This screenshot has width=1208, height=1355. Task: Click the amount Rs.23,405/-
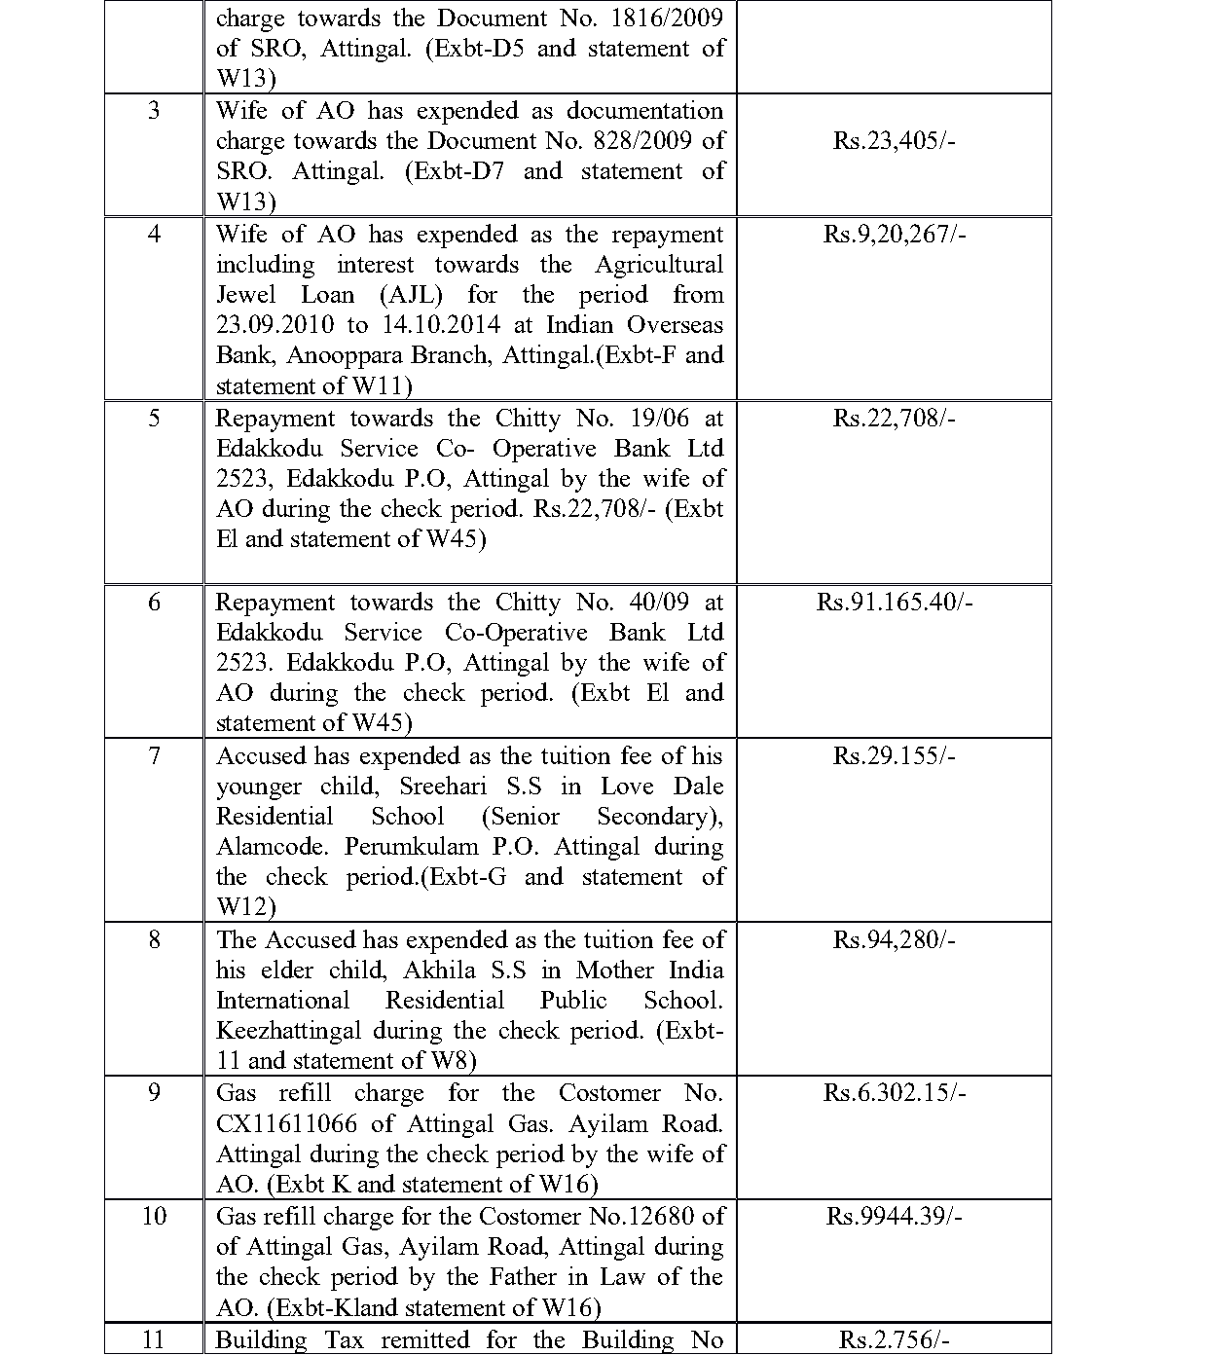pos(894,141)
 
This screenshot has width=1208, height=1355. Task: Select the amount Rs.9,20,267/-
pos(894,235)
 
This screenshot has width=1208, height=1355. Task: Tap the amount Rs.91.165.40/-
pos(894,603)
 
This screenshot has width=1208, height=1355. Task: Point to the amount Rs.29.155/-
pos(894,756)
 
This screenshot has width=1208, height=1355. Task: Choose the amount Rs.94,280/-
pos(894,940)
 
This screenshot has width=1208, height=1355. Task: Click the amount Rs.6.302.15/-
pos(894,1093)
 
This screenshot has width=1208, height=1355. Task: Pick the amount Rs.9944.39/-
pos(894,1217)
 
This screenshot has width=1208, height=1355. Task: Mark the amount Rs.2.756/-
pos(894,1340)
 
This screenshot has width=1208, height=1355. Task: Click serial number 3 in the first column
pos(154,111)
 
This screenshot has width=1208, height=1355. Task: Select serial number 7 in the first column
pos(154,756)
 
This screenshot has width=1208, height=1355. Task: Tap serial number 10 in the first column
pos(154,1217)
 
